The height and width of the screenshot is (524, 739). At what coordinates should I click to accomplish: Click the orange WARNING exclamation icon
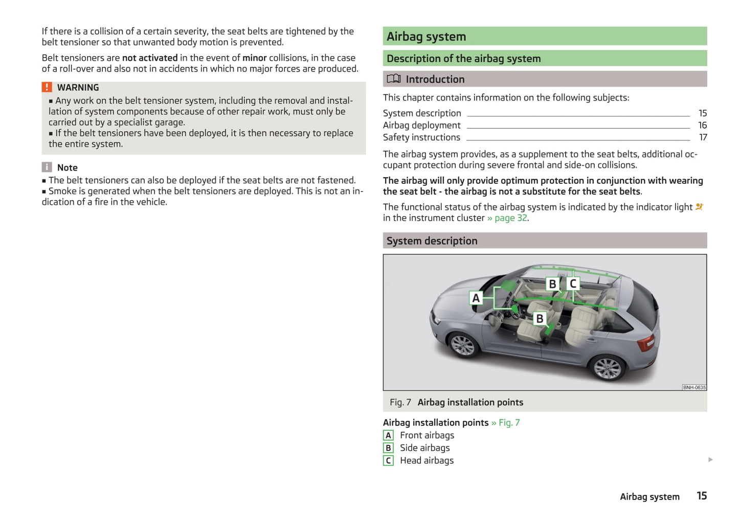coord(47,87)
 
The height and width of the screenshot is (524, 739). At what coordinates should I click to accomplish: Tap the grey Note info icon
coord(47,167)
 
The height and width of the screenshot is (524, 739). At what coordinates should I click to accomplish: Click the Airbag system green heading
coord(426,37)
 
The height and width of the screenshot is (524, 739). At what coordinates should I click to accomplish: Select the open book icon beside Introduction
coord(393,79)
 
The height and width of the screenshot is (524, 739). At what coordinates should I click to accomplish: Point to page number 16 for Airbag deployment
coord(702,125)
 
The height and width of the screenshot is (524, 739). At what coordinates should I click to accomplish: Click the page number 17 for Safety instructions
coord(703,137)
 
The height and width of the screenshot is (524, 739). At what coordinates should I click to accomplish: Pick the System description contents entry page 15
coord(703,113)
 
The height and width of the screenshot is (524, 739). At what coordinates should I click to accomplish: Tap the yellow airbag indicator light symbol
coord(699,207)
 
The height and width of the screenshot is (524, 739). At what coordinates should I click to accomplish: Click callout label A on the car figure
coord(476,298)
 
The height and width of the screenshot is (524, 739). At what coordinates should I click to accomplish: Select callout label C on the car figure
coord(573,283)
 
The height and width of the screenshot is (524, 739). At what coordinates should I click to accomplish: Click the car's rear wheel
coord(607,368)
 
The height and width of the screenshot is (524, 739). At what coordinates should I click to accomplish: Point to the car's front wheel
coord(463,345)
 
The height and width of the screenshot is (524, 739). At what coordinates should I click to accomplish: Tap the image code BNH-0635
coord(694,387)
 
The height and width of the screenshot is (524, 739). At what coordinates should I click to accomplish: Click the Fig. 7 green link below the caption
coord(509,422)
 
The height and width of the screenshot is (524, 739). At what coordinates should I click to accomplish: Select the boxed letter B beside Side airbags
coord(388,448)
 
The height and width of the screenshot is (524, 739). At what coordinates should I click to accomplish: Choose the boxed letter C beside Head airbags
coord(388,461)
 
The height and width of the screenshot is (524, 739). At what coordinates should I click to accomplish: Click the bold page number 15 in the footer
coord(702,496)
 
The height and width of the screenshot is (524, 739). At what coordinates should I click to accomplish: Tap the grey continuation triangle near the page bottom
coord(710,460)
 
